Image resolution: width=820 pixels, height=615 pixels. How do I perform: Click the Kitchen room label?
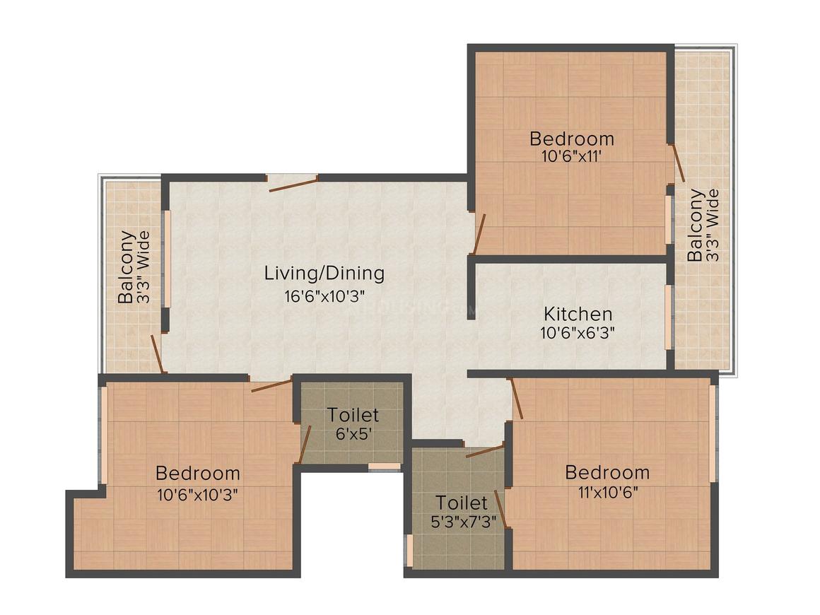577,313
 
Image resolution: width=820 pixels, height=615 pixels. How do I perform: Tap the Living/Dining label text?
324,273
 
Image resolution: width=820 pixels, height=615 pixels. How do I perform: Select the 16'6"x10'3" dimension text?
324,295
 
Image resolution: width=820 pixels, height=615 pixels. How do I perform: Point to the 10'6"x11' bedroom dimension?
571,156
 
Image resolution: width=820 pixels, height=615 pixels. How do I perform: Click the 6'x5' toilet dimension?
352,434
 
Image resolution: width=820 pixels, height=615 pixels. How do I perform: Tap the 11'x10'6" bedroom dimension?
607,492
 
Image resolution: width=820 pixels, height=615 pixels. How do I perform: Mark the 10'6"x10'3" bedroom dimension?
197,493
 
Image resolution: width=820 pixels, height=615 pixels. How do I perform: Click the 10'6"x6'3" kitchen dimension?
577,332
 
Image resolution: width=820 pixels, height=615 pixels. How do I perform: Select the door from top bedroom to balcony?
677,163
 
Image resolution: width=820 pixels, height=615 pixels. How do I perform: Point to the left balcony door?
158,353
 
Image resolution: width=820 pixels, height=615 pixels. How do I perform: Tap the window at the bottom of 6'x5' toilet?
385,467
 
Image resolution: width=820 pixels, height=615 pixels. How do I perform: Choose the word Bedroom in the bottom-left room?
197,473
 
